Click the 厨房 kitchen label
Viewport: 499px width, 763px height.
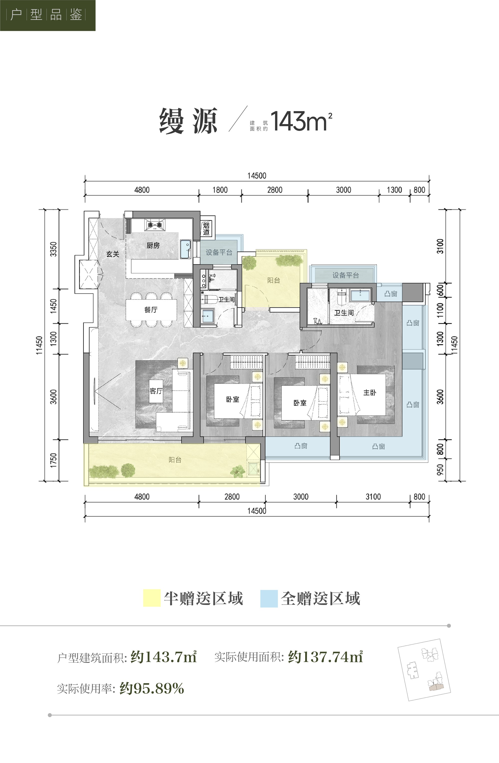pos(153,246)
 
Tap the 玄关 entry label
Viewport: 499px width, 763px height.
pos(113,254)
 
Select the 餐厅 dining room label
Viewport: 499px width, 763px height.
pos(151,310)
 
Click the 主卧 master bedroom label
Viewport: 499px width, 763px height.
pos(370,392)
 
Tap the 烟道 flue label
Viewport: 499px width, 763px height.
pos(206,229)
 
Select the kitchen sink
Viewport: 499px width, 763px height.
pos(186,249)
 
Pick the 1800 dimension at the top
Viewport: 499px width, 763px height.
pos(220,190)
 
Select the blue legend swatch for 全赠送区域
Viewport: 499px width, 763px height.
pos(269,598)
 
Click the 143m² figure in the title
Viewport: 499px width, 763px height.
pos(301,121)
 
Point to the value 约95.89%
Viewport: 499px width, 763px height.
pos(152,688)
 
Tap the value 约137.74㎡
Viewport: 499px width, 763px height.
pos(325,657)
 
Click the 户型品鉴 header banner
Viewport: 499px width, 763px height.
pos(48,15)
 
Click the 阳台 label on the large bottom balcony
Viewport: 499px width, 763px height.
pos(175,460)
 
